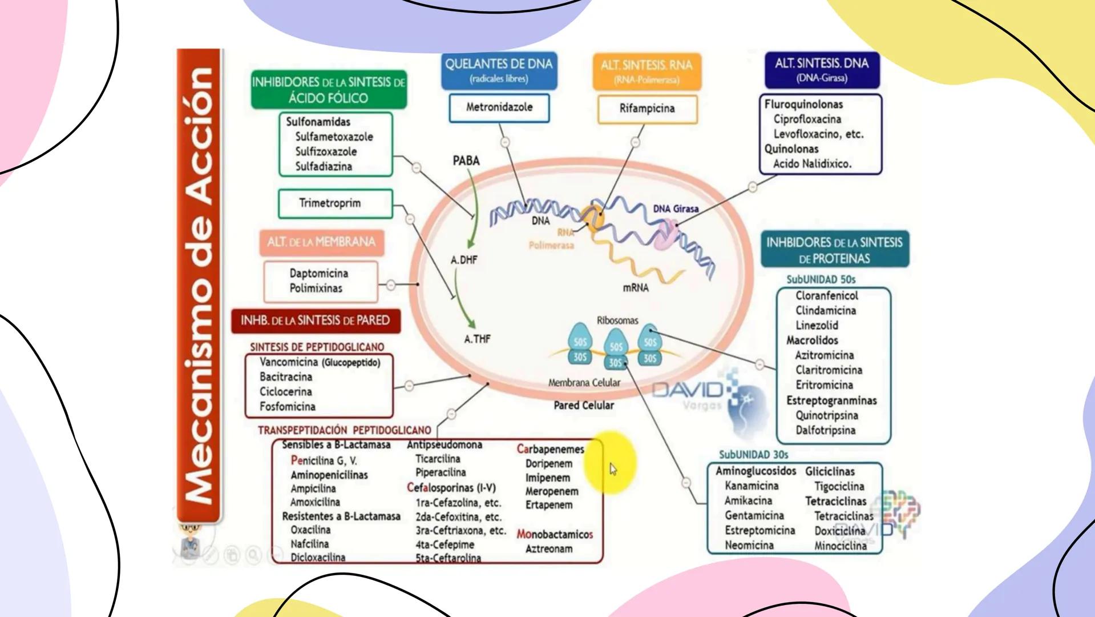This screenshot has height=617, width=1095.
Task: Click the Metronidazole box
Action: [499, 107]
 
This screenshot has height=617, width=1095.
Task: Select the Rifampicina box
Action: [647, 109]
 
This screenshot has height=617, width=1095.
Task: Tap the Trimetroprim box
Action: [335, 203]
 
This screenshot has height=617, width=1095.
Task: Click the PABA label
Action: [466, 161]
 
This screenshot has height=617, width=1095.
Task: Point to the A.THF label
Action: [477, 339]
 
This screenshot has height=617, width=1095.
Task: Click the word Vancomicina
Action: [288, 362]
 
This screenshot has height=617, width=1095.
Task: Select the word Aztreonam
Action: [548, 549]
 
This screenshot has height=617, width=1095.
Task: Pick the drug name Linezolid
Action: [817, 326]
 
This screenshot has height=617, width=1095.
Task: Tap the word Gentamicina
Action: [754, 516]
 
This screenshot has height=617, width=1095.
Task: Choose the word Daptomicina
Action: [318, 274]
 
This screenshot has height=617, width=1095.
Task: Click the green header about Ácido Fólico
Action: [328, 90]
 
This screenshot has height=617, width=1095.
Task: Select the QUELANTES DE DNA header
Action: [499, 70]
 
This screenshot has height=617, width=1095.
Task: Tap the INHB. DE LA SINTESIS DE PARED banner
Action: [315, 320]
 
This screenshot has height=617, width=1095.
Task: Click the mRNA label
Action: [635, 288]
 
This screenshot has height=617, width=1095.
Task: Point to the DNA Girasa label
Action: [676, 209]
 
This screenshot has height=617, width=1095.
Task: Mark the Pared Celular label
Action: [583, 406]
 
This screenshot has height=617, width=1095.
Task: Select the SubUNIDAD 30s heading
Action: [753, 455]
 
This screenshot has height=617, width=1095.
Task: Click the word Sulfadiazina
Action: [323, 167]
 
